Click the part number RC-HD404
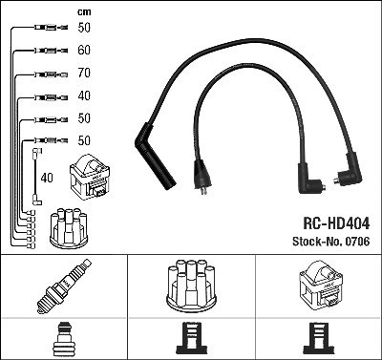click(336, 223)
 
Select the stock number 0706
click(356, 242)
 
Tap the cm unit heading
click(84, 12)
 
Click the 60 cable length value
click(84, 50)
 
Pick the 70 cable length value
click(84, 73)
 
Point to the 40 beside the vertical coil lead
click(47, 178)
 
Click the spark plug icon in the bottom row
click(64, 286)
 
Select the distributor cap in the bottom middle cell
click(191, 286)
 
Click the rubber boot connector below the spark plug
click(64, 339)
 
